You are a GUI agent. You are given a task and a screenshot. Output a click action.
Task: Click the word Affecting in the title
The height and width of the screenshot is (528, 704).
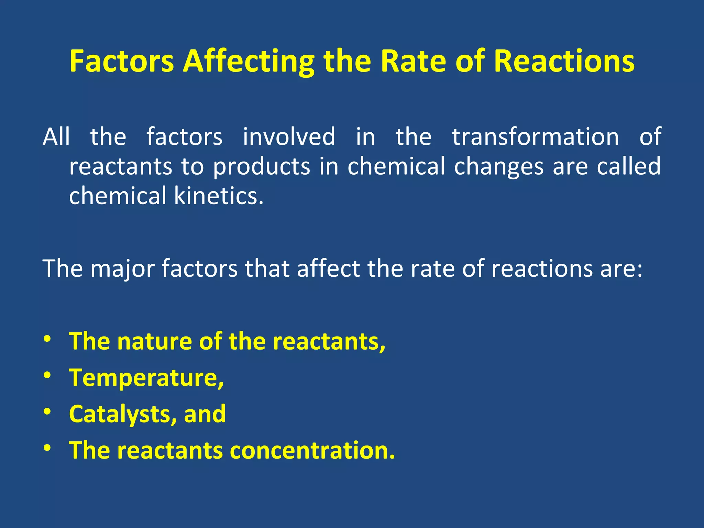pos(248,62)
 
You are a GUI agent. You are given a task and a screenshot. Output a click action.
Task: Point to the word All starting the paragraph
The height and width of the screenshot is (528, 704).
pos(56,137)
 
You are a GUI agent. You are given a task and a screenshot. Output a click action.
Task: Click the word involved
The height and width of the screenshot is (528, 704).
pos(289,137)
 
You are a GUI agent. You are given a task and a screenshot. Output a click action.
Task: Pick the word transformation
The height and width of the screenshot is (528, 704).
pos(535,137)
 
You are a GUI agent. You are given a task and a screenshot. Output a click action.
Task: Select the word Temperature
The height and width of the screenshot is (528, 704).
pos(146,378)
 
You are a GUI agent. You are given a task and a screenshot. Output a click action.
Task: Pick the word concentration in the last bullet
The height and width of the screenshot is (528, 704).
pos(312,451)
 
